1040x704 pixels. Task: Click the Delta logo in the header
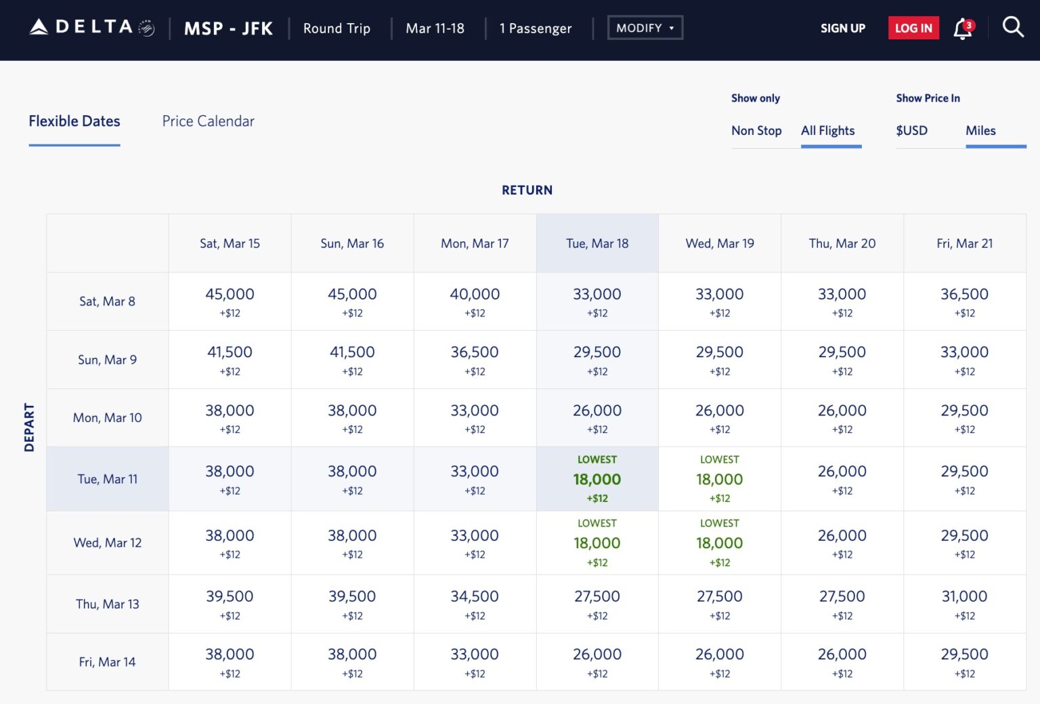pos(91,28)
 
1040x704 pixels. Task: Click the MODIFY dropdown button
pos(645,28)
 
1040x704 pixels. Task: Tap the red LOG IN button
pos(913,28)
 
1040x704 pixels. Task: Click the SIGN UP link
pos(842,28)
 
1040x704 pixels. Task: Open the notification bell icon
pos(963,29)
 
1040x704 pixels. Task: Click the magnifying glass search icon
pos(1012,28)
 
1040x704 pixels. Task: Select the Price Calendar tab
pos(208,121)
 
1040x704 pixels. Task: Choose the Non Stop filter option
pos(756,131)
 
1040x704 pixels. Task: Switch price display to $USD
pos(911,131)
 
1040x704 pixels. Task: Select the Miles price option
pos(980,131)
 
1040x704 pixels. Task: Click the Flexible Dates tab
pos(74,121)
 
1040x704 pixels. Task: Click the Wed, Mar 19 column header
pos(719,243)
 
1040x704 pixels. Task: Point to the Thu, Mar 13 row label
pos(107,604)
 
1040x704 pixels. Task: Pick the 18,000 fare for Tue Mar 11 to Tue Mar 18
pos(597,479)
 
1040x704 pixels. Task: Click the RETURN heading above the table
pos(527,190)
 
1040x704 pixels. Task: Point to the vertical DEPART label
pos(29,427)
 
